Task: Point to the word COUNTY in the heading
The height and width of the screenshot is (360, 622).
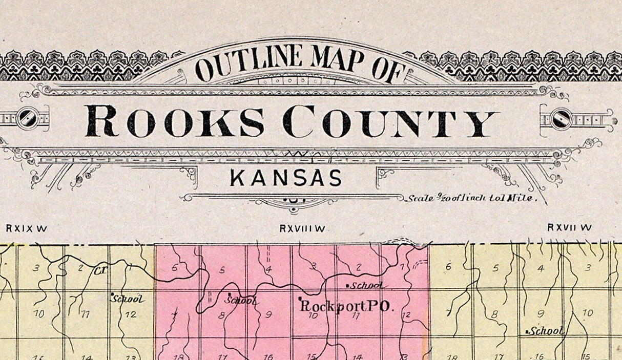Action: click(x=390, y=121)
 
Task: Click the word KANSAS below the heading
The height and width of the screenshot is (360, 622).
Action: click(x=286, y=178)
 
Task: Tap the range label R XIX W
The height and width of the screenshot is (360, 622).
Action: click(x=27, y=228)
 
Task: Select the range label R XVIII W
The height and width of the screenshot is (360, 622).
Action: click(x=302, y=228)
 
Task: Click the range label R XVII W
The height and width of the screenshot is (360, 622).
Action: click(x=569, y=227)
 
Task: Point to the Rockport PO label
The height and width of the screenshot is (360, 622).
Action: click(x=346, y=306)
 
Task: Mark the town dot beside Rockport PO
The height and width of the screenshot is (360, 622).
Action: click(x=300, y=299)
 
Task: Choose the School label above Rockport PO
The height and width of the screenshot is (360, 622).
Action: click(x=367, y=285)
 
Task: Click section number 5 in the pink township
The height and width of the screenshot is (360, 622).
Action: click(x=222, y=269)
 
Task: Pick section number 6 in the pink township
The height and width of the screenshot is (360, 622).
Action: click(x=175, y=267)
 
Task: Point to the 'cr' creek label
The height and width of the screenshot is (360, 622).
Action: click(x=99, y=269)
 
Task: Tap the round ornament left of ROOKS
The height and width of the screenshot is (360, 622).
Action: click(x=26, y=119)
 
